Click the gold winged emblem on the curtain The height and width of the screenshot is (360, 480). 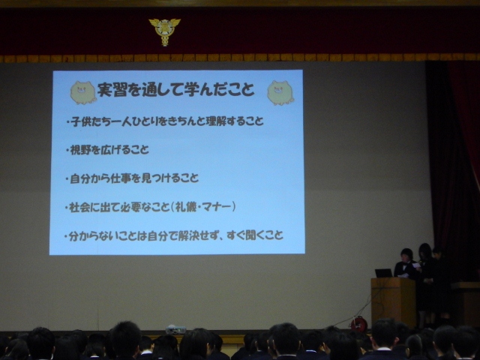165,31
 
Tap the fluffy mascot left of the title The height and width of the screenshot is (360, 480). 83,93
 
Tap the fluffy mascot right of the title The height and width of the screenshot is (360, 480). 280,93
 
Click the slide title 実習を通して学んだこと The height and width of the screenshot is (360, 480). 176,89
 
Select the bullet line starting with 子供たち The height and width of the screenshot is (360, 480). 165,121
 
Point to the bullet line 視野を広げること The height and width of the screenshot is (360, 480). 107,150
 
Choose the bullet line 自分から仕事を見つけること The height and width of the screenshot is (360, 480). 132,178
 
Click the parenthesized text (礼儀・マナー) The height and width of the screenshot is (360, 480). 203,207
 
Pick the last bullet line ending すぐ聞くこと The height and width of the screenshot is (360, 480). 173,235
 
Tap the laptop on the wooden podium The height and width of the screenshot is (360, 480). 383,273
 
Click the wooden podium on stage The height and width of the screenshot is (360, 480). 393,301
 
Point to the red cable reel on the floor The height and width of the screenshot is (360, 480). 358,325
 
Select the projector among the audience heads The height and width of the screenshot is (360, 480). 175,330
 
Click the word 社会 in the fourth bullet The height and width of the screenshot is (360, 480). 80,207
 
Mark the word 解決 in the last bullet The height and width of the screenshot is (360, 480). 190,235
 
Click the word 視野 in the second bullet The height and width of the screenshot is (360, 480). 81,150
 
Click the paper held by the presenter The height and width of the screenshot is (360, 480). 417,265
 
